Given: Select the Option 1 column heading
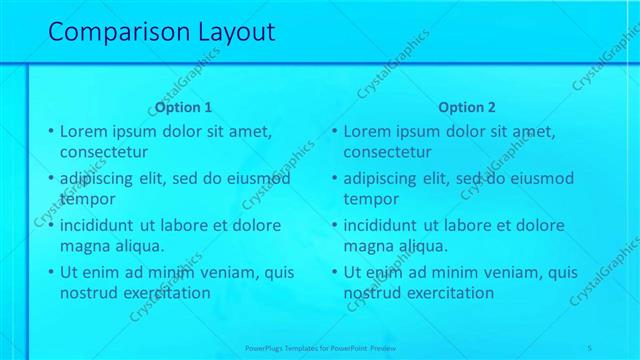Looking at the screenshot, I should point(183,108).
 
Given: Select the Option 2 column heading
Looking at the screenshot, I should point(467,108).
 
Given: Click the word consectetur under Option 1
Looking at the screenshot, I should point(104,152).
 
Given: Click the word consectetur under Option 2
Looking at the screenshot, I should point(388,152).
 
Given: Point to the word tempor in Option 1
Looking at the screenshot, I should point(88,199).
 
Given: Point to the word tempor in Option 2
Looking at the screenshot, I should point(371,199).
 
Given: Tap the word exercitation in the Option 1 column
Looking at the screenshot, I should point(163,293).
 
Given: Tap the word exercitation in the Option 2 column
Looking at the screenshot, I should point(447,293).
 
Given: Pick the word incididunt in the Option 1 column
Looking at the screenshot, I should point(99,225).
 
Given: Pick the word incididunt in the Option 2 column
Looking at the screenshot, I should point(383,225).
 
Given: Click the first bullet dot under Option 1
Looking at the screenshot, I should point(51,131).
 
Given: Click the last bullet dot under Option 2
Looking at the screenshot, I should point(335,272).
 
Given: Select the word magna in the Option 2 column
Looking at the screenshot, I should point(368,246).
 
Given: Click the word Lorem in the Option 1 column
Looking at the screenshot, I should point(83,131).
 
